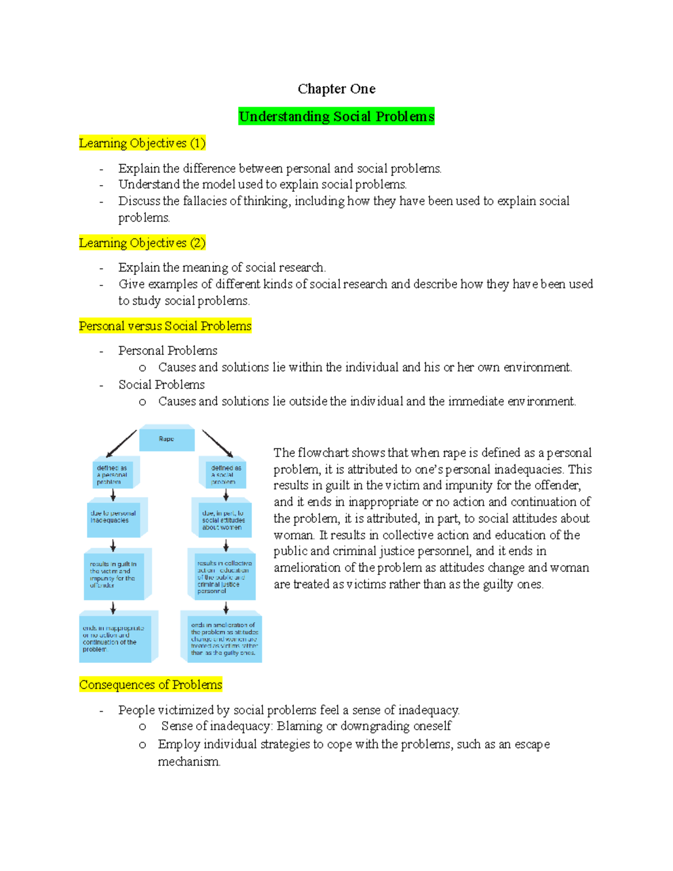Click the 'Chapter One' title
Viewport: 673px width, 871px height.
pyautogui.click(x=336, y=89)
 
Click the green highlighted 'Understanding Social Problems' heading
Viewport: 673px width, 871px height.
pyautogui.click(x=336, y=117)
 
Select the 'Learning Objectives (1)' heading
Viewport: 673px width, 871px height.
pyautogui.click(x=142, y=144)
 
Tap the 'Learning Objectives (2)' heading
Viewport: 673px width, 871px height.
pyautogui.click(x=142, y=243)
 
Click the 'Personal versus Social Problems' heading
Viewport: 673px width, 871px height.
pyautogui.click(x=165, y=326)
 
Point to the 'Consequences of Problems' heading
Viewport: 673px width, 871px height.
pyautogui.click(x=151, y=685)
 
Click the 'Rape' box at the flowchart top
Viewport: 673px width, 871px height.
pyautogui.click(x=167, y=439)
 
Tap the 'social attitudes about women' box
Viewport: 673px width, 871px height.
pyautogui.click(x=223, y=520)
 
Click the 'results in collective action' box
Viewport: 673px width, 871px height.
pyautogui.click(x=222, y=577)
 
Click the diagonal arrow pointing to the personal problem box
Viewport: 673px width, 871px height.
pyautogui.click(x=121, y=444)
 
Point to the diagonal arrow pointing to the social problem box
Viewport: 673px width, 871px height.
pyautogui.click(x=218, y=444)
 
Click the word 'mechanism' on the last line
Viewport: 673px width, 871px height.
pyautogui.click(x=188, y=762)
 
